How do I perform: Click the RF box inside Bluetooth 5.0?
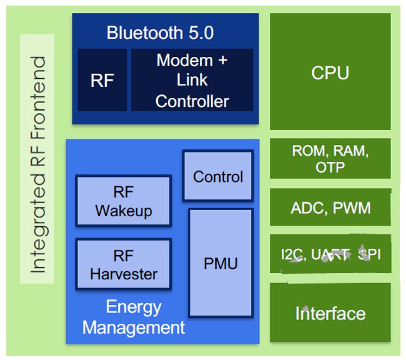click(102, 81)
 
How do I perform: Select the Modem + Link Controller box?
click(192, 81)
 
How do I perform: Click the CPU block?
click(330, 72)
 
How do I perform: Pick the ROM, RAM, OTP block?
click(330, 159)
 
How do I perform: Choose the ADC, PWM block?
click(330, 207)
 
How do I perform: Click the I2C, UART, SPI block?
click(330, 254)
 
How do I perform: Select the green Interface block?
click(330, 312)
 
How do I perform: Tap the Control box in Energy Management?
click(217, 177)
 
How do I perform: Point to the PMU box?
click(220, 263)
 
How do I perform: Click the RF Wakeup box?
click(123, 201)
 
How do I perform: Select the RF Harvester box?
click(123, 264)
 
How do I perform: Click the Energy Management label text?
click(134, 317)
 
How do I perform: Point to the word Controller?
click(192, 101)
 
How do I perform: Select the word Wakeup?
click(123, 211)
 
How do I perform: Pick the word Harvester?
click(123, 274)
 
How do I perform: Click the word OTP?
click(330, 167)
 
